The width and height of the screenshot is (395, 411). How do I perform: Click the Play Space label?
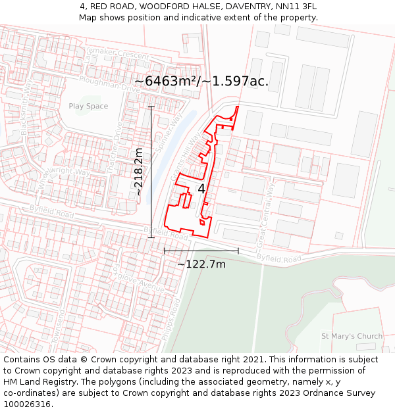[88, 106]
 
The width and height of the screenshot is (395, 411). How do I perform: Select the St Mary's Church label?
[352, 336]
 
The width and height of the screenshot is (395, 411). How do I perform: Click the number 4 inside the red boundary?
[201, 189]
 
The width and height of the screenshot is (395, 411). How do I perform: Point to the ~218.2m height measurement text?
[139, 171]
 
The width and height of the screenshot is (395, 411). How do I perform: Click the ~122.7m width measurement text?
[201, 264]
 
